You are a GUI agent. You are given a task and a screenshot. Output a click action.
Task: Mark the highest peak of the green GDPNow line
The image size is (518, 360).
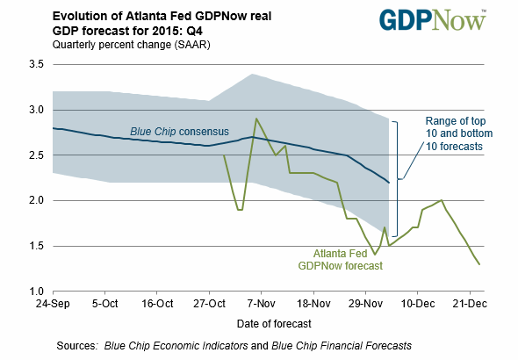(255, 119)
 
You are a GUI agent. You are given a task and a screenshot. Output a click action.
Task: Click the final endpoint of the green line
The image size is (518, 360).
(479, 263)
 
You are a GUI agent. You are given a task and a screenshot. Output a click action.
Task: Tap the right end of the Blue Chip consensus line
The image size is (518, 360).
(389, 183)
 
